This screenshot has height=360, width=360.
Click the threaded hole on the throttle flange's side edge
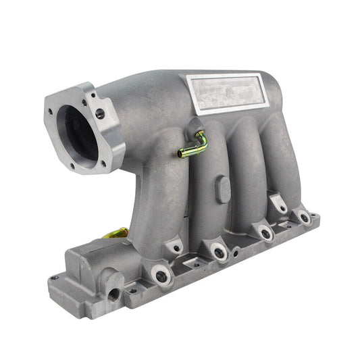point(101,115)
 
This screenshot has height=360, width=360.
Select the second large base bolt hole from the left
point(219,253)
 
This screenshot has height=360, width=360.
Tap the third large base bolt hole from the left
point(265,233)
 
